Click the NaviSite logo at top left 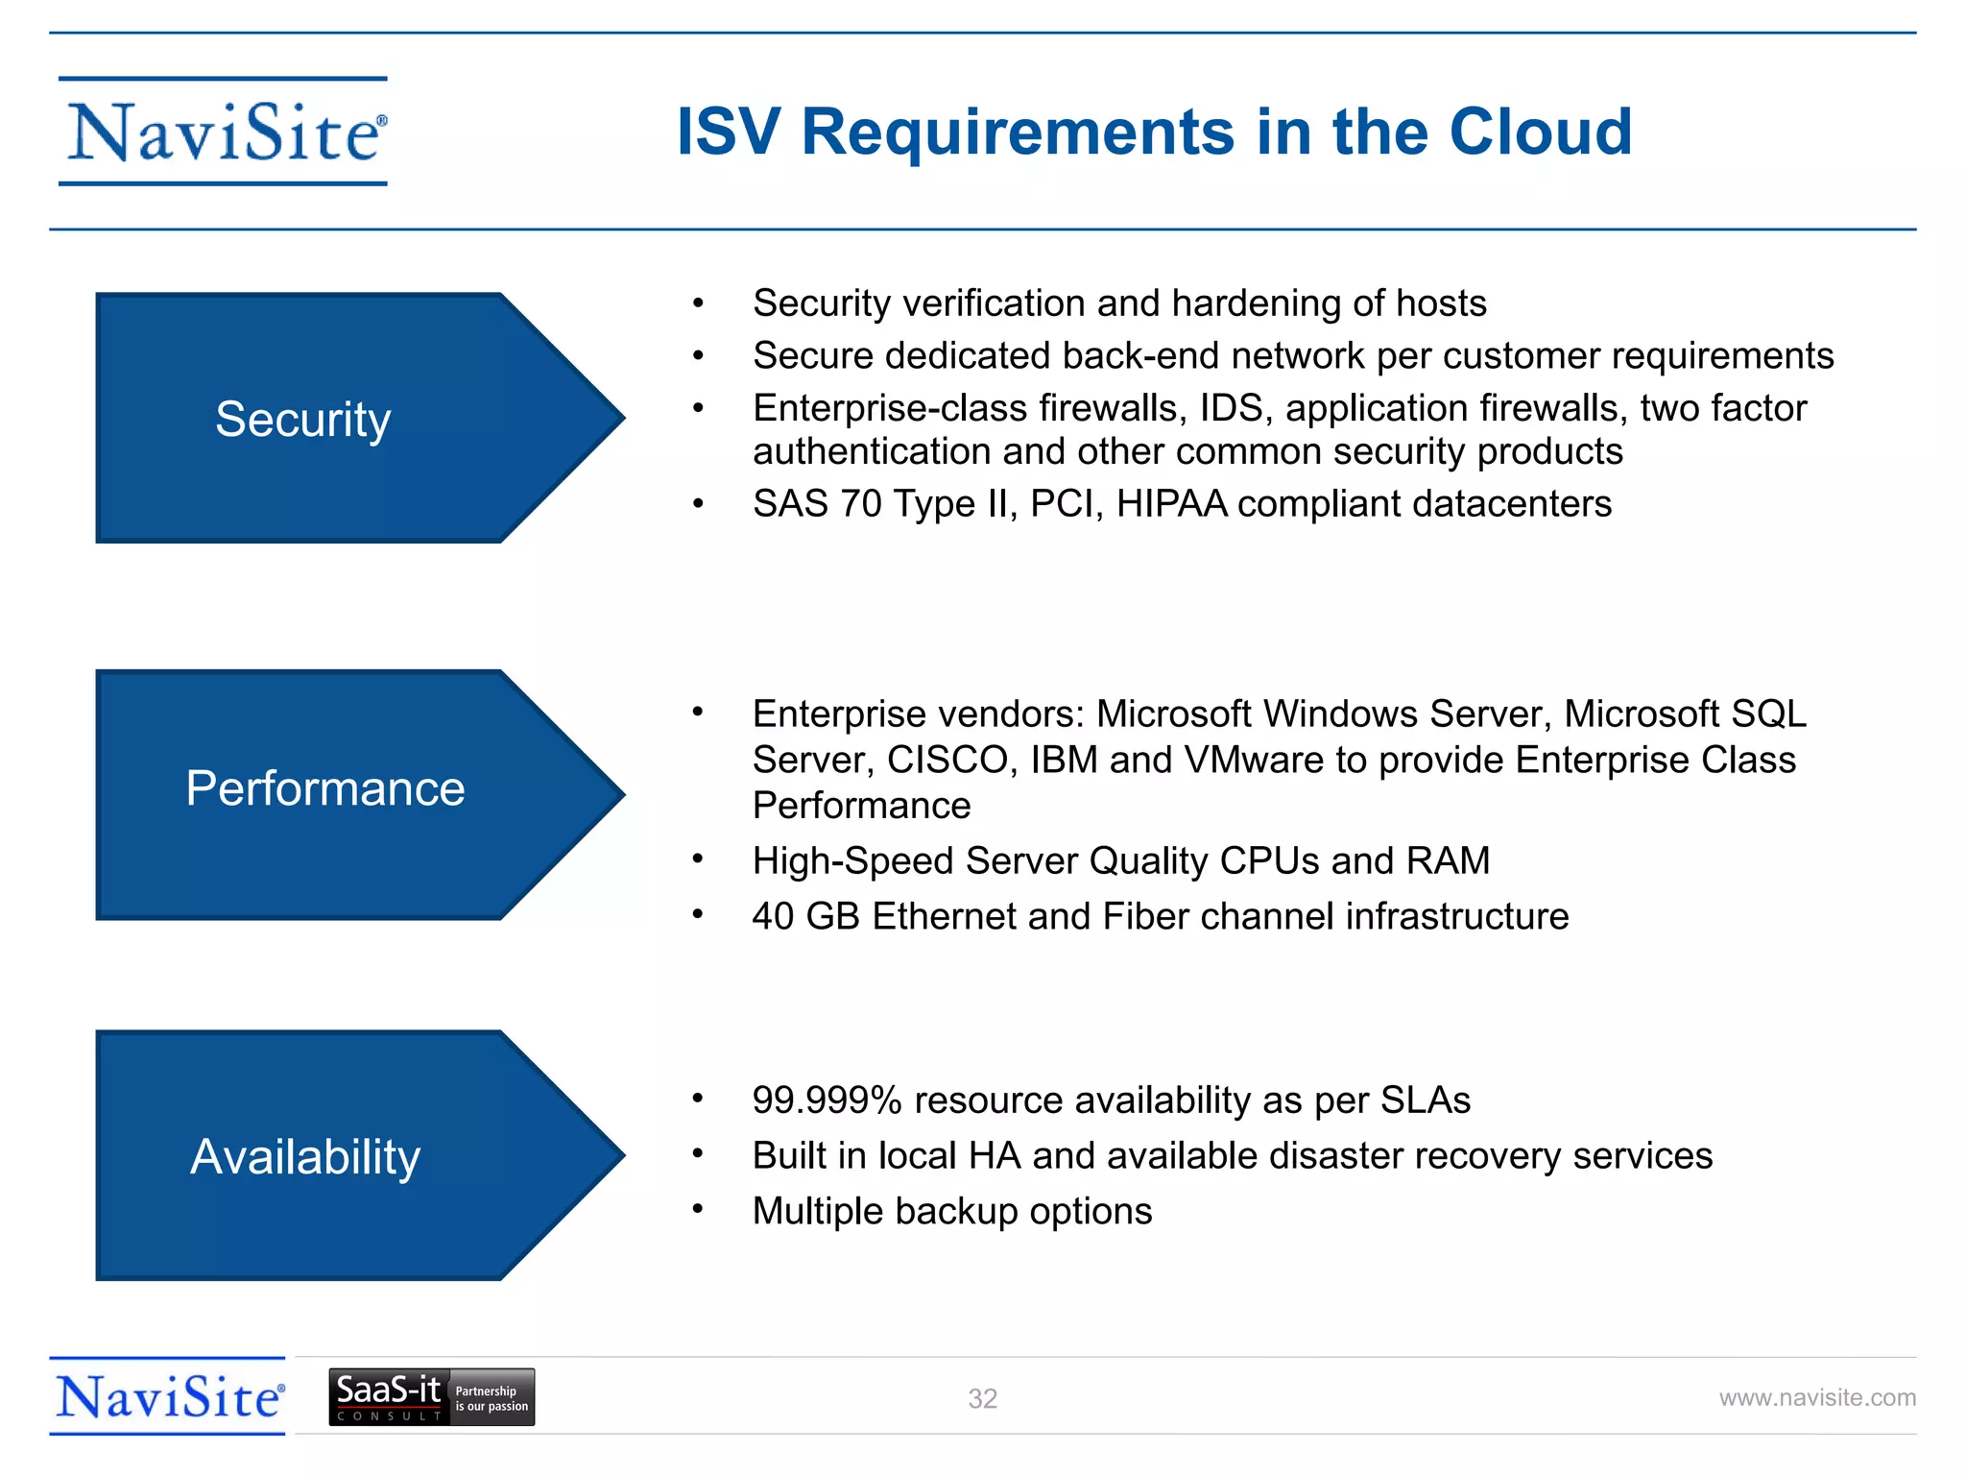click(x=224, y=132)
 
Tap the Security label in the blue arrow click(x=303, y=420)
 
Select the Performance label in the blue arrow click(x=324, y=788)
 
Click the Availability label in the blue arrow click(x=305, y=1157)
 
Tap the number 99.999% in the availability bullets click(x=827, y=1100)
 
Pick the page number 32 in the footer click(x=982, y=1399)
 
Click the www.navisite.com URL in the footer click(x=1816, y=1398)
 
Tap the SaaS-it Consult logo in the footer click(x=431, y=1397)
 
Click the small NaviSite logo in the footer click(x=168, y=1397)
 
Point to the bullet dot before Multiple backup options click(x=699, y=1210)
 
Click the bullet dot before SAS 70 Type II click(x=699, y=503)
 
